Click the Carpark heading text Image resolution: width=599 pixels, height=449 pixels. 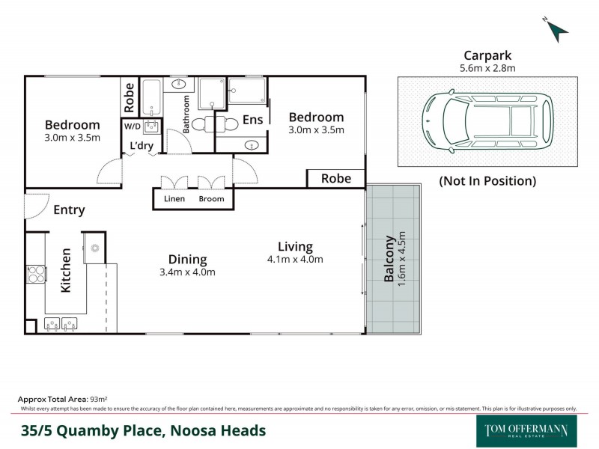487,55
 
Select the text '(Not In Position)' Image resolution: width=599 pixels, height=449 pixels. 487,180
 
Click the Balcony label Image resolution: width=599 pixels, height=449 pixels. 389,260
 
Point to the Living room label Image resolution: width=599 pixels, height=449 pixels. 295,246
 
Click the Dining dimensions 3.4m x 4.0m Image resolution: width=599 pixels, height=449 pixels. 187,272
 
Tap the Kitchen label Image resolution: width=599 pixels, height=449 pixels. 66,270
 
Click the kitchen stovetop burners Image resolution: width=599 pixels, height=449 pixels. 35,275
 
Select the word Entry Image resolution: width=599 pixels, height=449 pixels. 69,210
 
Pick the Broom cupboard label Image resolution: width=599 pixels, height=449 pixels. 211,200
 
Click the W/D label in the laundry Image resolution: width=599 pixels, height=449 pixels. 132,126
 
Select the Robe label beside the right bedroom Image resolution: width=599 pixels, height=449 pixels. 336,179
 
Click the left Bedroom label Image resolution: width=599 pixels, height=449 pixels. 72,125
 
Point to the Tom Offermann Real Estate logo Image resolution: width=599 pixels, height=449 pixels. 526,430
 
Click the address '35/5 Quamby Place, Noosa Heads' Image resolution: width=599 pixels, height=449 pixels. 143,430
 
